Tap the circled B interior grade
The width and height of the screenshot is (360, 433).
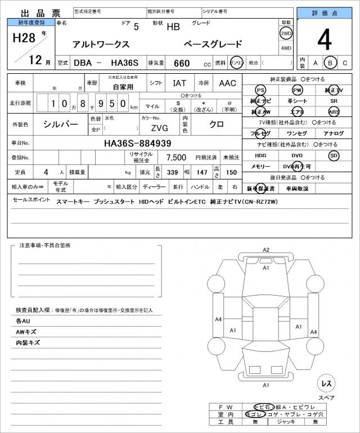(331, 63)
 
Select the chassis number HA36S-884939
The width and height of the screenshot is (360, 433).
(137, 143)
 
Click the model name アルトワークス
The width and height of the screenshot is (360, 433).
(101, 44)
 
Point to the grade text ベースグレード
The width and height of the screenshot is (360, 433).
(214, 44)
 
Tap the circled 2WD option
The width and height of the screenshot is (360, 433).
(286, 33)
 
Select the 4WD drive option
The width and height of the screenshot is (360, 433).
(286, 48)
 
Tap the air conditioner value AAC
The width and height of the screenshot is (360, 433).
(227, 83)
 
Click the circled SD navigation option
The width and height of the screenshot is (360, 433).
(334, 155)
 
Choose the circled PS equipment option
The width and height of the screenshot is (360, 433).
(260, 90)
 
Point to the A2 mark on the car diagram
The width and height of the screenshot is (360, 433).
(266, 249)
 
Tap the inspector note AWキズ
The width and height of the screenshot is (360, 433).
(26, 331)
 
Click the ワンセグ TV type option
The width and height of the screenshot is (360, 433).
(296, 133)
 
